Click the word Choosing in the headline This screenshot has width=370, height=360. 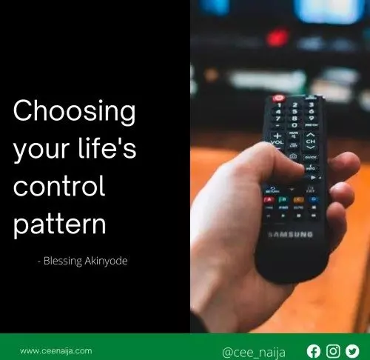(74, 112)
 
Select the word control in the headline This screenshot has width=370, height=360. (59, 186)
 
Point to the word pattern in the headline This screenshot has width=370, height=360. (59, 224)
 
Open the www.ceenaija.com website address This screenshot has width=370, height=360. (56, 351)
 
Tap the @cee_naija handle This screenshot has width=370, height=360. (254, 353)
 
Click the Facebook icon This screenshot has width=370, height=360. (314, 351)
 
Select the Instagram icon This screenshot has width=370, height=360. (333, 351)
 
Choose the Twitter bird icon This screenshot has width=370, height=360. (352, 351)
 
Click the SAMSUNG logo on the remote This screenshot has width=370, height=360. (291, 234)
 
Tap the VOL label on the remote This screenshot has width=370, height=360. (277, 142)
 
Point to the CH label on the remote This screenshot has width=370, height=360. (311, 141)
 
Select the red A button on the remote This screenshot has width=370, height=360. (269, 199)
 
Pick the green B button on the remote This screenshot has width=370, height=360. (283, 199)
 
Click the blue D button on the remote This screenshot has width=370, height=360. (314, 199)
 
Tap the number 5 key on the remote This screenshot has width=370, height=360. (295, 112)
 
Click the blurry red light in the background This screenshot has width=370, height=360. (278, 38)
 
